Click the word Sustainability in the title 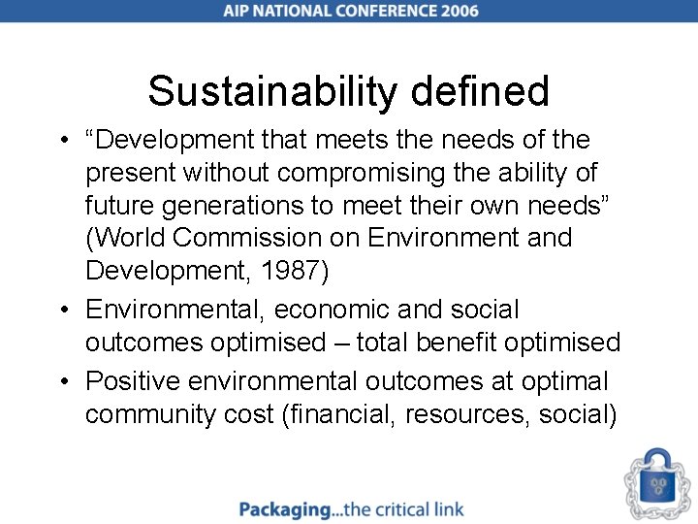click(270, 92)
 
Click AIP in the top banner click(239, 11)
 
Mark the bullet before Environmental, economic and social click(63, 311)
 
